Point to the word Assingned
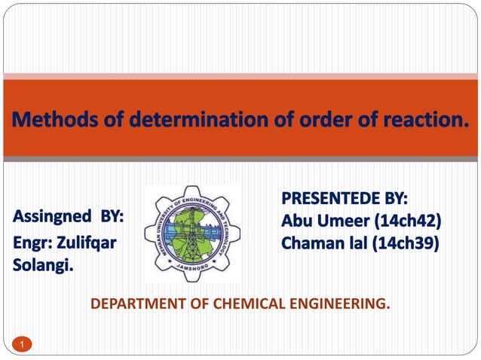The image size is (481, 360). [x=54, y=218]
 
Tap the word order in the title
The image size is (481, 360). [x=300, y=120]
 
